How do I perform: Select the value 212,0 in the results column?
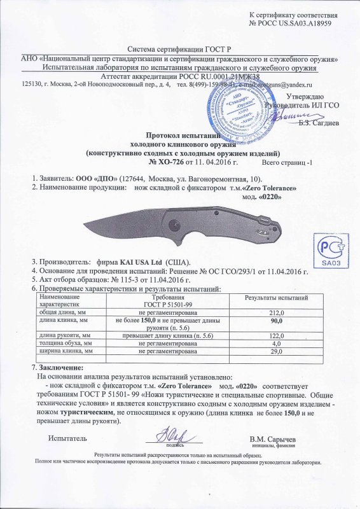tap(277, 312)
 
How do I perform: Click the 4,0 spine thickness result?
tap(277, 344)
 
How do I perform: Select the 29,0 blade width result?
tap(277, 351)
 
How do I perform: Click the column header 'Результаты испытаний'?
tap(277, 298)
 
